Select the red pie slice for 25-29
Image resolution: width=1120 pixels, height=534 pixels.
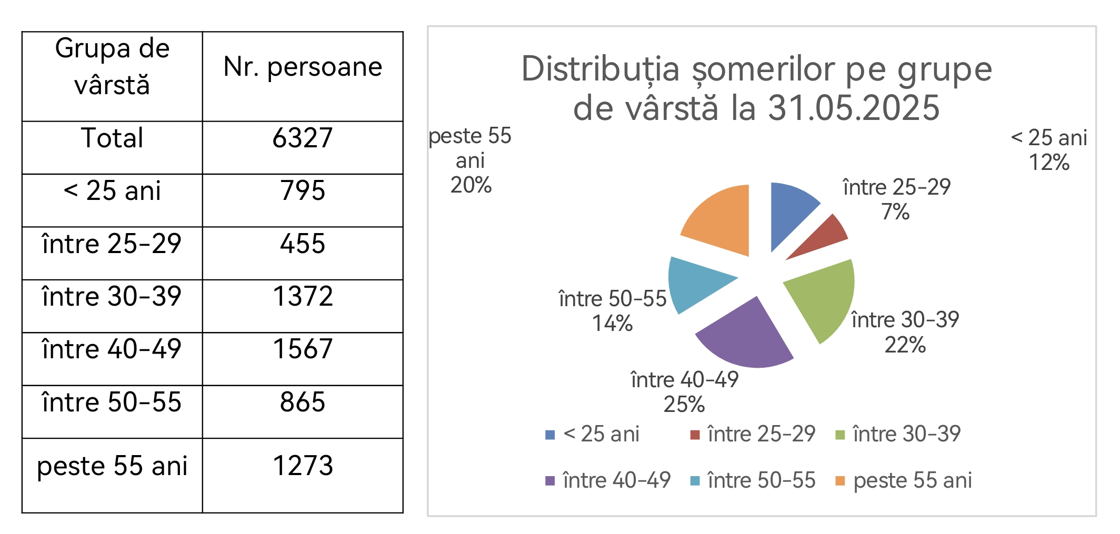click(824, 235)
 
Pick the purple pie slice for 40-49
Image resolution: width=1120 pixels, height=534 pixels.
click(750, 337)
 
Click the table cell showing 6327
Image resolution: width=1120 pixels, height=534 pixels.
click(303, 138)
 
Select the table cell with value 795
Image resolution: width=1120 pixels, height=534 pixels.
click(303, 190)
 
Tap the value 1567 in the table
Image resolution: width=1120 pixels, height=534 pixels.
click(303, 349)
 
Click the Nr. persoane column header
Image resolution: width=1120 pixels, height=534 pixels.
click(303, 67)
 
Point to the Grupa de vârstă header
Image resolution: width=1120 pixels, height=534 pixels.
click(112, 67)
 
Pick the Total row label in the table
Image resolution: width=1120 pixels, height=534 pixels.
click(112, 138)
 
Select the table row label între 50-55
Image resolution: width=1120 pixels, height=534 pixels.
click(112, 402)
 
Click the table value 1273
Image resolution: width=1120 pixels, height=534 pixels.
click(303, 466)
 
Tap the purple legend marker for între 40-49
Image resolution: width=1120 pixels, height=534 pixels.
click(550, 481)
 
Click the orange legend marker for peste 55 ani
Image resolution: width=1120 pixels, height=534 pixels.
click(840, 481)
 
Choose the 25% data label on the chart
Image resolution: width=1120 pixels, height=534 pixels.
click(684, 404)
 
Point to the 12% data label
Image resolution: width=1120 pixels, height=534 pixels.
click(1049, 163)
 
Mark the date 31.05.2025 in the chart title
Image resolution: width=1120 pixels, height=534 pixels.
click(853, 108)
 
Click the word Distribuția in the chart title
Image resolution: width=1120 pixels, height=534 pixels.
click(601, 69)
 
